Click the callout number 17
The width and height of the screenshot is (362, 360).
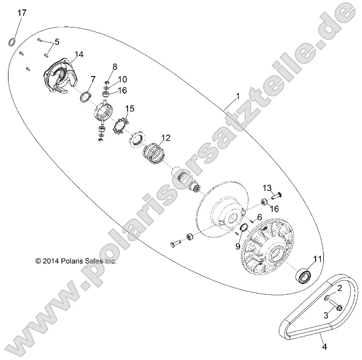tap(22, 13)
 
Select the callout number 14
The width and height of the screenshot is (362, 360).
tap(78, 55)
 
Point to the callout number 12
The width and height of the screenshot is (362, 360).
tap(165, 138)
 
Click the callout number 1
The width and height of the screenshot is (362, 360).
tap(238, 96)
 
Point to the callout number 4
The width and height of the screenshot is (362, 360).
tap(324, 347)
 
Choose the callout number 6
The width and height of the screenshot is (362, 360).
tap(259, 217)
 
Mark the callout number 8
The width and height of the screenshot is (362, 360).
tap(114, 66)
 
